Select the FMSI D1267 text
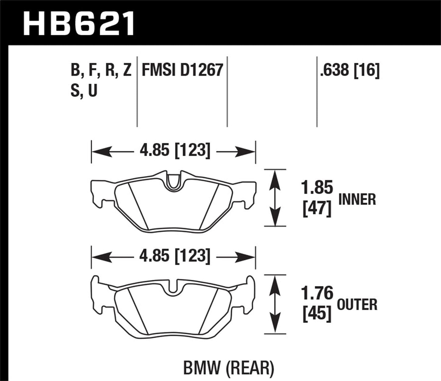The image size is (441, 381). pyautogui.click(x=182, y=71)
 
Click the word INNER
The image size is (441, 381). pyautogui.click(x=357, y=200)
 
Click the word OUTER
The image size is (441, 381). pyautogui.click(x=357, y=305)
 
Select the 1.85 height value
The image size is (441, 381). pyautogui.click(x=317, y=187)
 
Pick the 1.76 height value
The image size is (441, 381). pyautogui.click(x=317, y=293)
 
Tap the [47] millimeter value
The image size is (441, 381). pyautogui.click(x=317, y=210)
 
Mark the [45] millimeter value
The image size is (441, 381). pyautogui.click(x=317, y=314)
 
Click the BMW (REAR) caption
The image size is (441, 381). pyautogui.click(x=228, y=368)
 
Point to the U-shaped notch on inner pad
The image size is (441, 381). pyautogui.click(x=173, y=182)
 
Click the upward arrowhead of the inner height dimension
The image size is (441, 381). pyautogui.click(x=275, y=177)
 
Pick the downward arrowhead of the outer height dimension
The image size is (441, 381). pyautogui.click(x=275, y=325)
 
